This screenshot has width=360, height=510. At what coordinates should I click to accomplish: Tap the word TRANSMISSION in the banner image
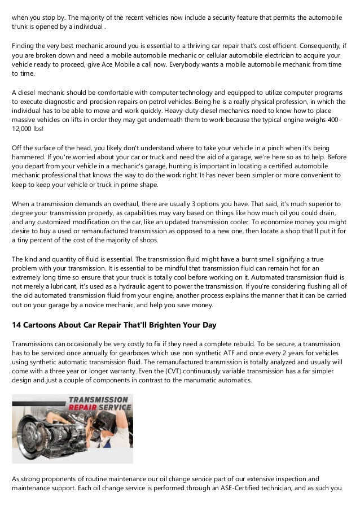99,399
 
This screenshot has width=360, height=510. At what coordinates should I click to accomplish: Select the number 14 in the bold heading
16,325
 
